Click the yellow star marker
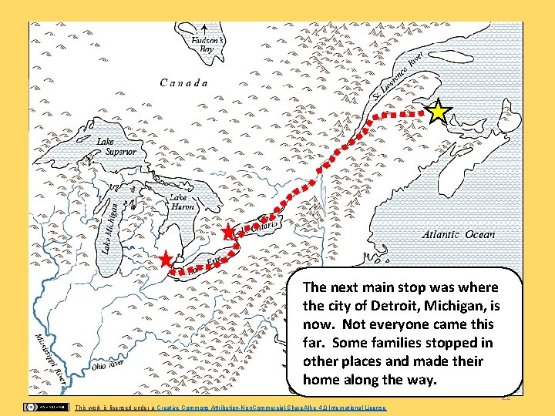coord(438,112)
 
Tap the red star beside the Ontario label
coord(227,232)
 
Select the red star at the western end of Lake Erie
coord(165,260)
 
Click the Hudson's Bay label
coord(208,44)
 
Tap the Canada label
coord(183,82)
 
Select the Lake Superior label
coord(116,146)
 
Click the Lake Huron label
coord(181,203)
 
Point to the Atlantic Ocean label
coord(459,234)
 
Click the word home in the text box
coord(322,380)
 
